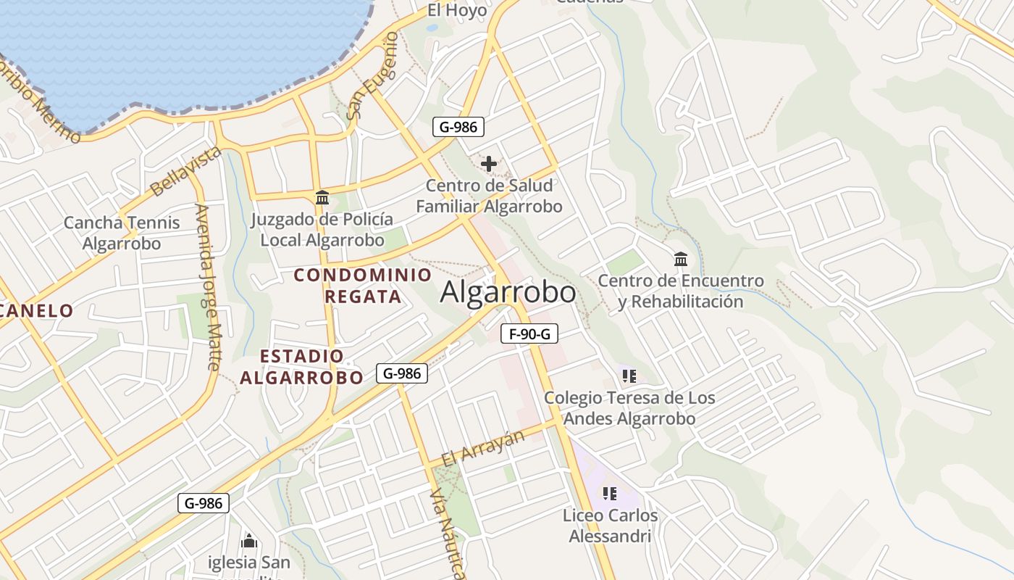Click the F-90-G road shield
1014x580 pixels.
click(529, 334)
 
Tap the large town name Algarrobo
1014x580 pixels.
click(508, 293)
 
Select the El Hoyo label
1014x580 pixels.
click(457, 10)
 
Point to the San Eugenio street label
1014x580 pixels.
click(372, 75)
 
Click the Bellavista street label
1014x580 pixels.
click(185, 171)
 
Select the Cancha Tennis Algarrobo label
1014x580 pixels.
click(122, 233)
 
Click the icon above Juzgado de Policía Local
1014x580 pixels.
click(322, 197)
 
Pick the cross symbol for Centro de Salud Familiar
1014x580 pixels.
click(489, 164)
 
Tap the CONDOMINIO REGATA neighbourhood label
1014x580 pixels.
click(363, 286)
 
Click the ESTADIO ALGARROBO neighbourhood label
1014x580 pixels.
click(301, 367)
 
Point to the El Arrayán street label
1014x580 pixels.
click(482, 448)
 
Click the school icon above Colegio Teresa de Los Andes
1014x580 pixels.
click(629, 376)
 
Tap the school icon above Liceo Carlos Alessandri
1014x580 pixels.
click(610, 494)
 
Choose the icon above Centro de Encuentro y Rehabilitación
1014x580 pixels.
click(681, 259)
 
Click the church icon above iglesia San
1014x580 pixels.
click(249, 541)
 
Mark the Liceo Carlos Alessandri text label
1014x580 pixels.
click(610, 526)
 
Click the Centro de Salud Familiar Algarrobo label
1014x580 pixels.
click(489, 196)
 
